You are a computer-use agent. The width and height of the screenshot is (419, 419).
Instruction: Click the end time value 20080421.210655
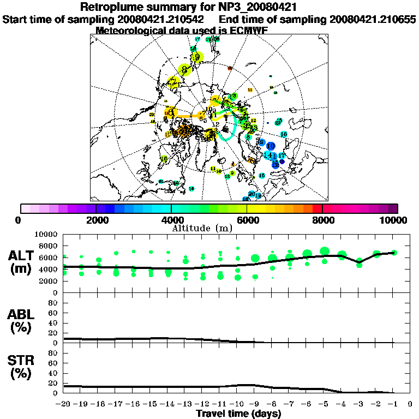click(x=373, y=19)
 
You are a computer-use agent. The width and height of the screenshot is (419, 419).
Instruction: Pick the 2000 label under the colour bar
click(x=96, y=220)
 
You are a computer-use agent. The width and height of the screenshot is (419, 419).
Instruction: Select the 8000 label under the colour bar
click(x=322, y=220)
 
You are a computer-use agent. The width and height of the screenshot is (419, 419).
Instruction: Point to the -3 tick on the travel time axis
click(x=359, y=404)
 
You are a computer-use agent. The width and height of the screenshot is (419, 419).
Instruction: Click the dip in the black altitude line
click(x=359, y=262)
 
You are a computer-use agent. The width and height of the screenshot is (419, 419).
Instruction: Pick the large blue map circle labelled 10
click(x=271, y=146)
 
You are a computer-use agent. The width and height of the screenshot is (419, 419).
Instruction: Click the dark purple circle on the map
click(x=282, y=161)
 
